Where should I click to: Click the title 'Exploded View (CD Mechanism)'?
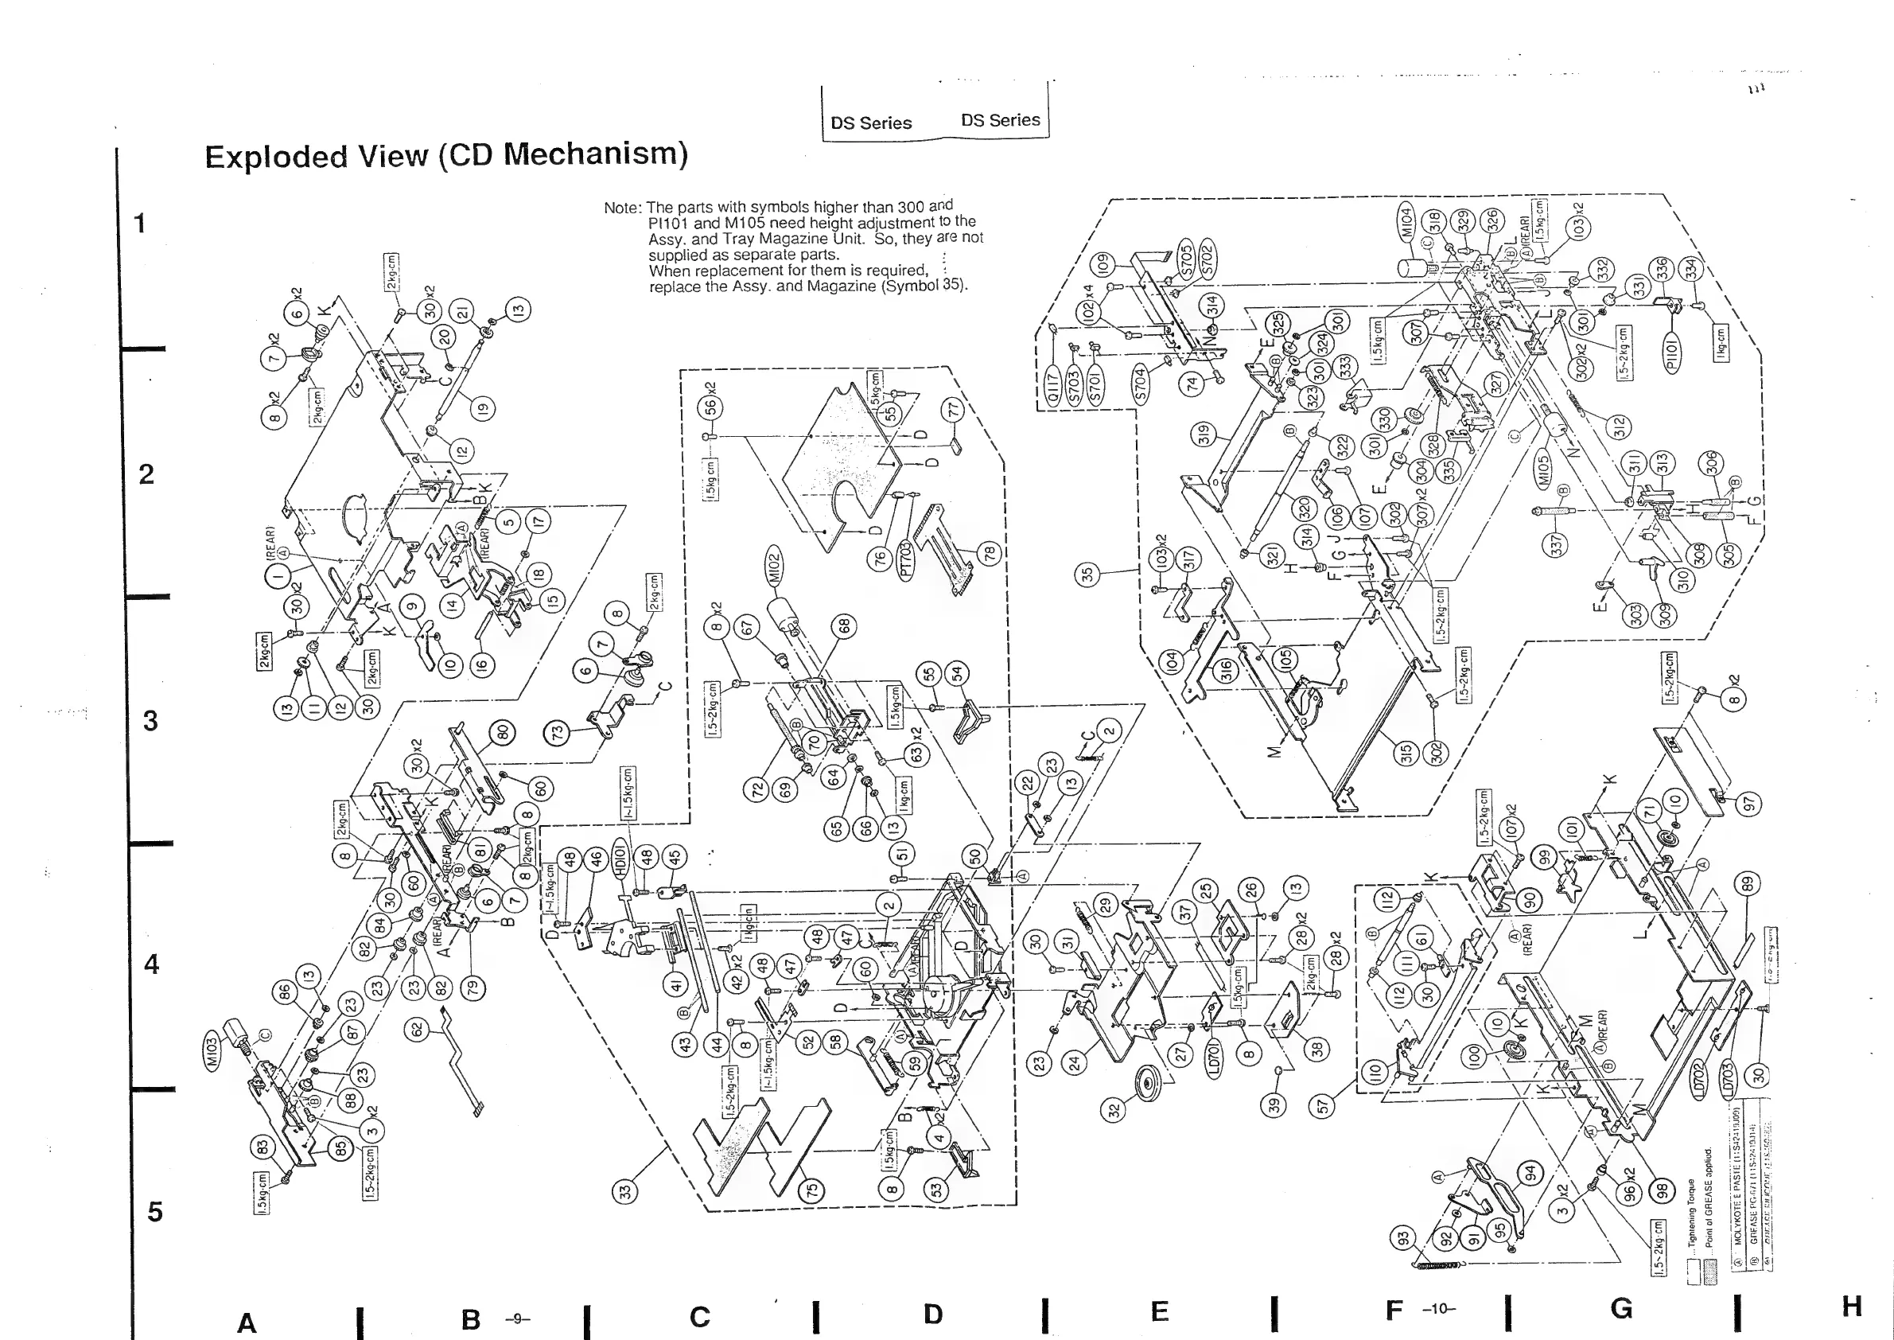coord(445,155)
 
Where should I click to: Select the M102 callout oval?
coord(775,567)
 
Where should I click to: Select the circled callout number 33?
coord(625,1192)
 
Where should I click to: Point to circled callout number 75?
coord(812,1191)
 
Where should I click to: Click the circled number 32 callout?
coord(1115,1111)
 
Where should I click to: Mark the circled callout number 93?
coord(1402,1237)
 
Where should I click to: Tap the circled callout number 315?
coord(1406,753)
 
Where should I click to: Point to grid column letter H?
coord(1852,1305)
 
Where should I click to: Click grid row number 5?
coord(154,1211)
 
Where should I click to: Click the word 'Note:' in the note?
coord(623,208)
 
